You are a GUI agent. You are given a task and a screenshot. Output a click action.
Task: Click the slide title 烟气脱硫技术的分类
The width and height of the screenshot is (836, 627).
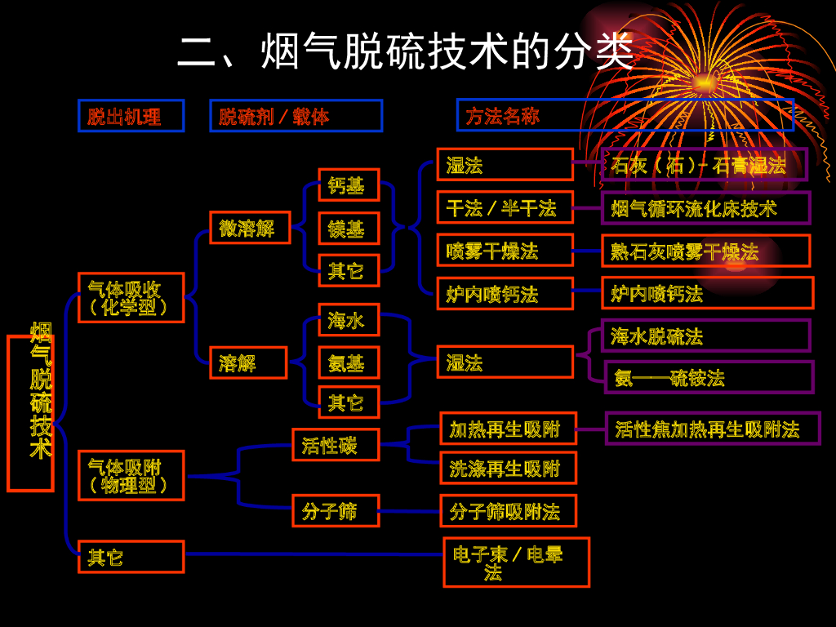click(406, 51)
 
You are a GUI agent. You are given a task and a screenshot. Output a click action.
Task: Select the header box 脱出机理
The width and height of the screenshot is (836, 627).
click(131, 116)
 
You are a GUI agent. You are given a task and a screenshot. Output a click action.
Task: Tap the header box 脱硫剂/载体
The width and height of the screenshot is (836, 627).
click(296, 116)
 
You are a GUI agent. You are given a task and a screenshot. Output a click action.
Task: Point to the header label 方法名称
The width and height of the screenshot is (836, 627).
click(503, 116)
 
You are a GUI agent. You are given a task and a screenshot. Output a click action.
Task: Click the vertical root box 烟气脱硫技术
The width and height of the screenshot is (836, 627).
click(31, 413)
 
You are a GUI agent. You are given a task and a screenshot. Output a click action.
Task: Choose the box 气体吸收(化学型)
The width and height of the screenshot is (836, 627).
click(131, 297)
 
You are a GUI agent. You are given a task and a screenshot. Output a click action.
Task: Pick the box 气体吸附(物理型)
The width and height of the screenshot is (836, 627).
click(131, 475)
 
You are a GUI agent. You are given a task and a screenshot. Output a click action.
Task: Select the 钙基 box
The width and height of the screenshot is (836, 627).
click(349, 185)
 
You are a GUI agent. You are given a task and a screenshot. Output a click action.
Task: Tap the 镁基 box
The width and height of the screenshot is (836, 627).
click(349, 229)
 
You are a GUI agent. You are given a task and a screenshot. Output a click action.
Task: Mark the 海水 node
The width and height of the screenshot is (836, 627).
click(349, 320)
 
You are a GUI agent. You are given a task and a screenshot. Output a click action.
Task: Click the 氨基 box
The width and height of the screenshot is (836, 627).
click(349, 362)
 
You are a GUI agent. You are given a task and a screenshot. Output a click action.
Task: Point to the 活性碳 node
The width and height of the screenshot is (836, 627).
click(336, 445)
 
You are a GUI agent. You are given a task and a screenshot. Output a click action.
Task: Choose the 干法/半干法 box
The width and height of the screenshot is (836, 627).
click(505, 208)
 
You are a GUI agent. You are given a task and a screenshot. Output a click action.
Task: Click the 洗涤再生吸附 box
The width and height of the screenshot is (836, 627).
click(508, 468)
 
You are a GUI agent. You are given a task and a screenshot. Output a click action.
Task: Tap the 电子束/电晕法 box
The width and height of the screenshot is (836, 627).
click(516, 563)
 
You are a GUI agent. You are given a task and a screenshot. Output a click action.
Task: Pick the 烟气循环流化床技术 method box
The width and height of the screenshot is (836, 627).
click(705, 208)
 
